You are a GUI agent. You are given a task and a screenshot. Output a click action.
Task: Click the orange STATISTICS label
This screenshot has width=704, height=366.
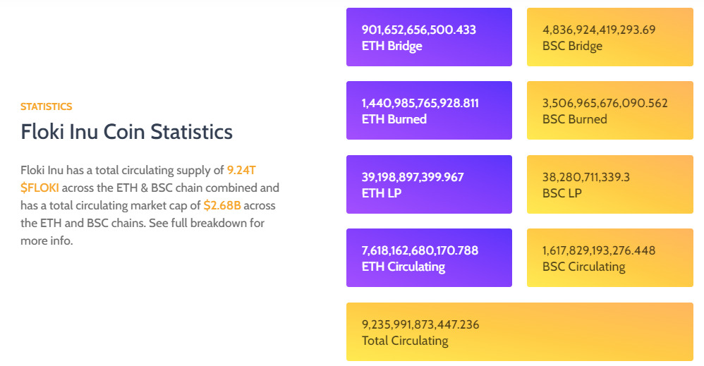(46, 106)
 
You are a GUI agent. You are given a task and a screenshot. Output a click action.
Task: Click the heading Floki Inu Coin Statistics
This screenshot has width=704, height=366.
(126, 132)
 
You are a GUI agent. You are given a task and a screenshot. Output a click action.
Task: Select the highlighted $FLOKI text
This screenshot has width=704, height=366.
(40, 188)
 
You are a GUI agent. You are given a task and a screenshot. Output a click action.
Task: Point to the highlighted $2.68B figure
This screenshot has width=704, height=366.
(221, 205)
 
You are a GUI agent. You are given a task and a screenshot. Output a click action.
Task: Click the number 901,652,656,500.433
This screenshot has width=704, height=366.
(418, 30)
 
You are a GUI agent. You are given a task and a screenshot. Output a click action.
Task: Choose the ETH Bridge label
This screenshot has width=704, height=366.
(392, 46)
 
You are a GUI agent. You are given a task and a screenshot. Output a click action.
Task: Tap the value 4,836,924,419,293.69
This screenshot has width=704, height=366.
(599, 30)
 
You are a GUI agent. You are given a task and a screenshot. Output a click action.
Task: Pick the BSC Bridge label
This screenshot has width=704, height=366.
(572, 46)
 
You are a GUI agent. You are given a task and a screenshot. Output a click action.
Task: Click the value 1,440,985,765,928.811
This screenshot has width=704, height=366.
(420, 103)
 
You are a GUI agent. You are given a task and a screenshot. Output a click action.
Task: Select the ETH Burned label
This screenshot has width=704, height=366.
(394, 119)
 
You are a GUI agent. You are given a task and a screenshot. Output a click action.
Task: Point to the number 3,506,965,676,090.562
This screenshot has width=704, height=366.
(605, 103)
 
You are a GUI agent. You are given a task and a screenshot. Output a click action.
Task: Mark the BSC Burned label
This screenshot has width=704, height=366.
(574, 119)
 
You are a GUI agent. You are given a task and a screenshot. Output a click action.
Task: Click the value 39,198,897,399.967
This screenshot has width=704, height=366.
(413, 177)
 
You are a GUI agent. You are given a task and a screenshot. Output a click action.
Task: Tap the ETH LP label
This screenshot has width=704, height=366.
(381, 193)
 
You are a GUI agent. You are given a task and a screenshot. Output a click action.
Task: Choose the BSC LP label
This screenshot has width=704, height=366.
(562, 193)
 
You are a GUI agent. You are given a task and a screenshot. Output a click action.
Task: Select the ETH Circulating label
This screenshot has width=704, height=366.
(403, 267)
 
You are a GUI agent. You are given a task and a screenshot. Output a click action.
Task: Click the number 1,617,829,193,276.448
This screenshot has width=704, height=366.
(599, 250)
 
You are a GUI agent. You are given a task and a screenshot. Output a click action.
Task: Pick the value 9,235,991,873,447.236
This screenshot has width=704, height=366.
(420, 324)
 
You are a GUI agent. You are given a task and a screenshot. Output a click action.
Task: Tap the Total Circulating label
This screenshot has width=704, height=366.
(404, 341)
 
